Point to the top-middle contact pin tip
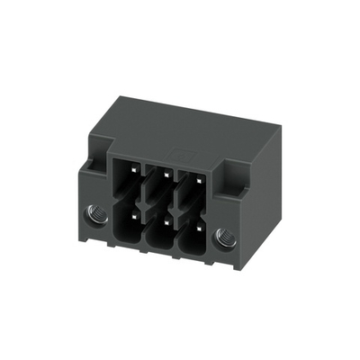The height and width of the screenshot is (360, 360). point(162,175)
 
